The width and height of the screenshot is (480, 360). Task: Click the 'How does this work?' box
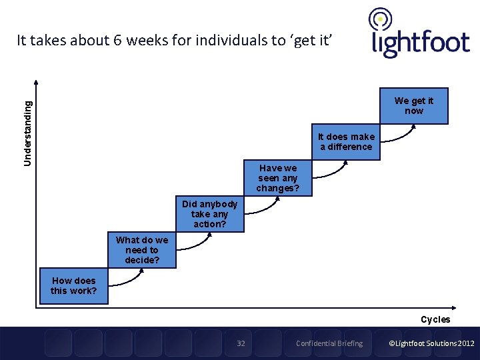pyautogui.click(x=73, y=286)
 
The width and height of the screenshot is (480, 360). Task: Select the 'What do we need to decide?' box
pyautogui.click(x=142, y=250)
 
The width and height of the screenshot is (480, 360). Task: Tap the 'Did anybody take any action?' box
pyautogui.click(x=209, y=214)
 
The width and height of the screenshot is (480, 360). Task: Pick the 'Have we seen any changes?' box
pyautogui.click(x=278, y=178)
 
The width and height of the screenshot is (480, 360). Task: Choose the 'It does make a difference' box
pyautogui.click(x=346, y=142)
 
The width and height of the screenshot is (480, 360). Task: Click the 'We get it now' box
pyautogui.click(x=413, y=106)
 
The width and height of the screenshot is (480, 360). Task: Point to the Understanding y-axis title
pyautogui.click(x=27, y=133)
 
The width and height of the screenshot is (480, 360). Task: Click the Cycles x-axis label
pyautogui.click(x=435, y=319)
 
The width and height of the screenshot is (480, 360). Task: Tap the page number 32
pyautogui.click(x=241, y=343)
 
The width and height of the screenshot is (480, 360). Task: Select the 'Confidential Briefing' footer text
pyautogui.click(x=329, y=343)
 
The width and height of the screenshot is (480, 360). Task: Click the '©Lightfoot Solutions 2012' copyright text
pyautogui.click(x=431, y=343)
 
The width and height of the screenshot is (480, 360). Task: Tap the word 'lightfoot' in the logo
pyautogui.click(x=420, y=43)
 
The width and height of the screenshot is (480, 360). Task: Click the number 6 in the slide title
pyautogui.click(x=117, y=40)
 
